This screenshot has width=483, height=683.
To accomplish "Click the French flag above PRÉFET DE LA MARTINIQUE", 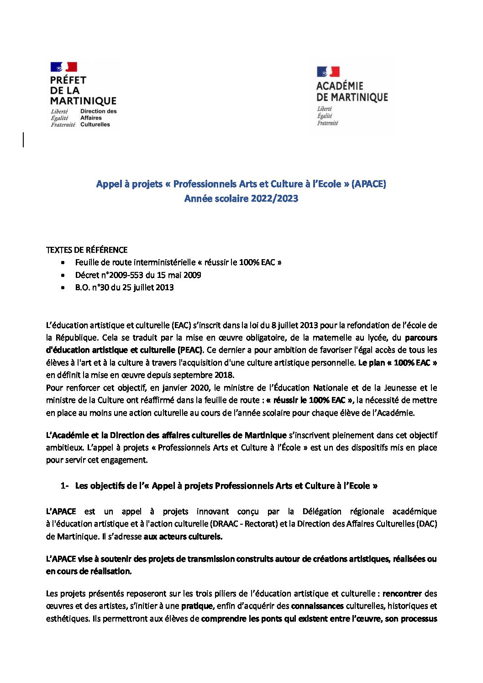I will [63, 67].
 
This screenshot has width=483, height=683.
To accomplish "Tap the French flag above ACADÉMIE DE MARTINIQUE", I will [328, 72].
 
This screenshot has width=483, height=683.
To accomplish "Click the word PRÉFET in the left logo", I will [68, 80].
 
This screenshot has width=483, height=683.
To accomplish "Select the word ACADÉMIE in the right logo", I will [340, 86].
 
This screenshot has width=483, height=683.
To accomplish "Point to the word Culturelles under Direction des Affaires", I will [95, 124].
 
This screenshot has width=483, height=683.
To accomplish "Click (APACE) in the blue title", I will [369, 184].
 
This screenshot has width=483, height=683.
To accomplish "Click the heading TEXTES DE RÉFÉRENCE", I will [87, 250].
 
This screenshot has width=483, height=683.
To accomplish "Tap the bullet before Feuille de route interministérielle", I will [63, 263].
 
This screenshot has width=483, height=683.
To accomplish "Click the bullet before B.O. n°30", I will [63, 288].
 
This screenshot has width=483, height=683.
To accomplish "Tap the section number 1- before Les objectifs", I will [64, 486].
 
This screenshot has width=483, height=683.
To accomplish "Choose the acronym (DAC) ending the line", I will [426, 524].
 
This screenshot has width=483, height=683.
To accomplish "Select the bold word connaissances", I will [317, 606].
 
